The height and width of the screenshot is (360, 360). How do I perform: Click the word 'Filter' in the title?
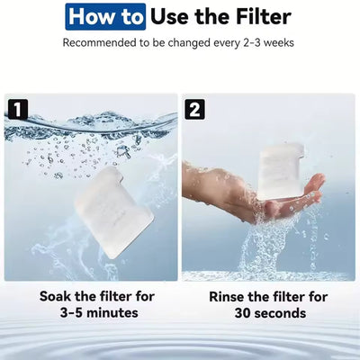[260, 16]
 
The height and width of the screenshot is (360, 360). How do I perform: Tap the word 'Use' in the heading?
[170, 16]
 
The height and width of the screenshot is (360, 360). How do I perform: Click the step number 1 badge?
[17, 110]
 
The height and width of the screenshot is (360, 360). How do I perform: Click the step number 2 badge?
[195, 110]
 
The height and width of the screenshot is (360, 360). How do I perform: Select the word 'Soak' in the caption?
[58, 296]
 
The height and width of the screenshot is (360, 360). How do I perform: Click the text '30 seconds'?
[268, 313]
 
